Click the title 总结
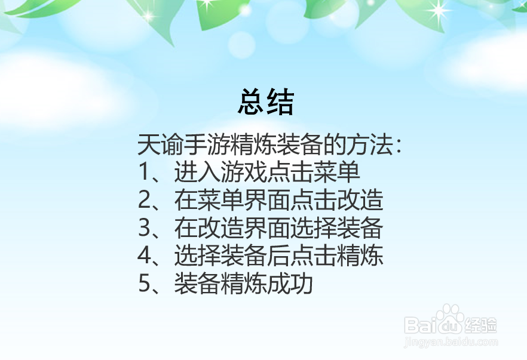266,102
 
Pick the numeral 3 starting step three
144,229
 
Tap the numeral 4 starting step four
144,257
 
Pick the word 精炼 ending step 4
365,257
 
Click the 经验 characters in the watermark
480,325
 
